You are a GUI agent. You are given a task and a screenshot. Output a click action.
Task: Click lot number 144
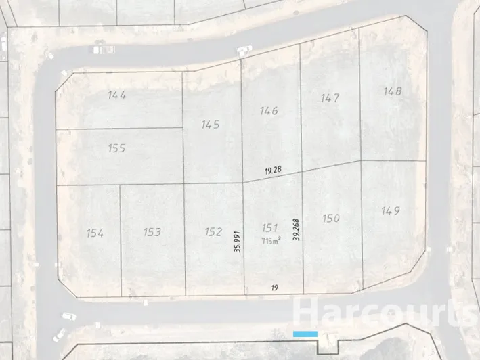coord(117,95)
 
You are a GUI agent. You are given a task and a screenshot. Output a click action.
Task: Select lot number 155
coord(116,148)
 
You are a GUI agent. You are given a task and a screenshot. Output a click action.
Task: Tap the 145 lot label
coord(211,125)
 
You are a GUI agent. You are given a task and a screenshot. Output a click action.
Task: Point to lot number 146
coord(269,110)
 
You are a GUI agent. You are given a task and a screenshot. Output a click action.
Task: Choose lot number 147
coord(330,98)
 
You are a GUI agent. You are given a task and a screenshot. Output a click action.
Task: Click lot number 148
coord(392,91)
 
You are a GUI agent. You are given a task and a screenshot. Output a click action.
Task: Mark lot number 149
coord(391,211)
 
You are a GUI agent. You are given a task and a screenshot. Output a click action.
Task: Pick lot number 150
coord(330,218)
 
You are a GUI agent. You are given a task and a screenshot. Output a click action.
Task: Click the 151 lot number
coord(269,228)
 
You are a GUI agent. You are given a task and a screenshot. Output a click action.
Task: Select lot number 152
coord(213,232)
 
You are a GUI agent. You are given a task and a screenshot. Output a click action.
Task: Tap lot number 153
coord(152,232)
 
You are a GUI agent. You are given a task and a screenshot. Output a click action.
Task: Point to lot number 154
coord(95,233)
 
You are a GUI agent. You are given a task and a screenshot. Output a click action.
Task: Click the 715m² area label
coord(270,241)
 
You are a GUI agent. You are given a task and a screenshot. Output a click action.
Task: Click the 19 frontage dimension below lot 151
coord(274,288)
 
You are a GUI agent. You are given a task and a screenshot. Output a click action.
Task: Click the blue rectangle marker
coord(305,334)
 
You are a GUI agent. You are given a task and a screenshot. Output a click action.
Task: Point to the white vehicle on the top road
coord(244,49)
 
